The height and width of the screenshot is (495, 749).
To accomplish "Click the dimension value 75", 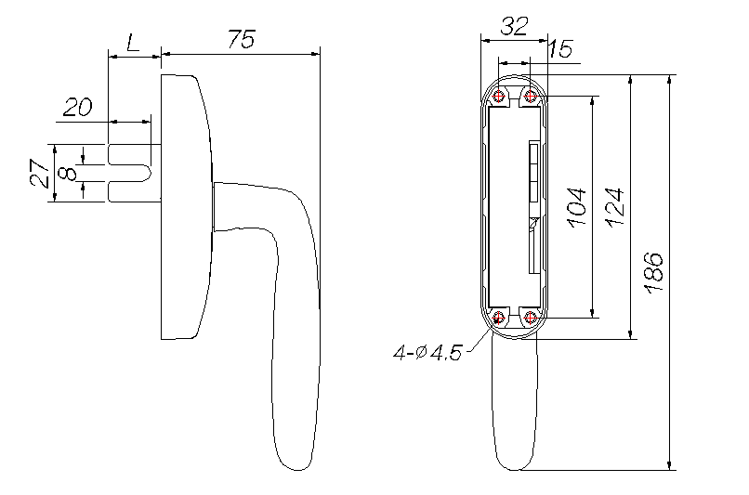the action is click(242, 39).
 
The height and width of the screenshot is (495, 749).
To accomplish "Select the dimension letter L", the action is click(133, 43).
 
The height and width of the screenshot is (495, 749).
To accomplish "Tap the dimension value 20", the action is click(77, 107).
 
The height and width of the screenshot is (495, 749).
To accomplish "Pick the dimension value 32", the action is click(514, 26).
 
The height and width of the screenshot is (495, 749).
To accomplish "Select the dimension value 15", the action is click(559, 49).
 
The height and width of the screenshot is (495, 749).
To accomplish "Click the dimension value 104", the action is click(577, 207).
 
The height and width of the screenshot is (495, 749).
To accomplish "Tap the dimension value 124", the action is click(615, 207).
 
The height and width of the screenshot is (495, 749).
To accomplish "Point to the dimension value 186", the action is click(653, 272).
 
